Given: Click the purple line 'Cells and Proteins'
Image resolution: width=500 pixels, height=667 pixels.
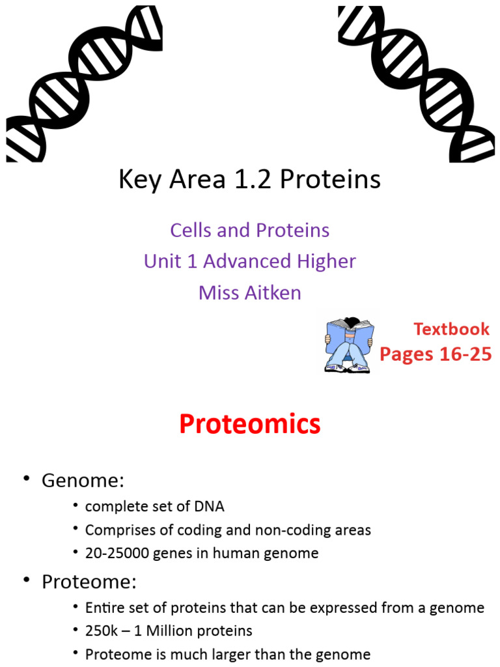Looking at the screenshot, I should (249, 230).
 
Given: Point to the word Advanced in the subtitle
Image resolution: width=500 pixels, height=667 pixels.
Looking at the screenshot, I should (247, 261).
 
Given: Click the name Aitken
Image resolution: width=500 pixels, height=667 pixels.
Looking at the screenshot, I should (273, 292).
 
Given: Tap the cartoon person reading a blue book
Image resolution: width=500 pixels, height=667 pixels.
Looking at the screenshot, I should (349, 345).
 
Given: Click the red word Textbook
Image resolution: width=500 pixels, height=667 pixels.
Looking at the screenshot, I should (451, 329).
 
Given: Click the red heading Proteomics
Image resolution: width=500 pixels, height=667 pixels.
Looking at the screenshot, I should (249, 424).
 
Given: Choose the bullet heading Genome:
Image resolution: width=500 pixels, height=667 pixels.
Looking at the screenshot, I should (83, 481).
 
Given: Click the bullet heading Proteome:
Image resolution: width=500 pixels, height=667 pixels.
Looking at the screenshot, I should (90, 582).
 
